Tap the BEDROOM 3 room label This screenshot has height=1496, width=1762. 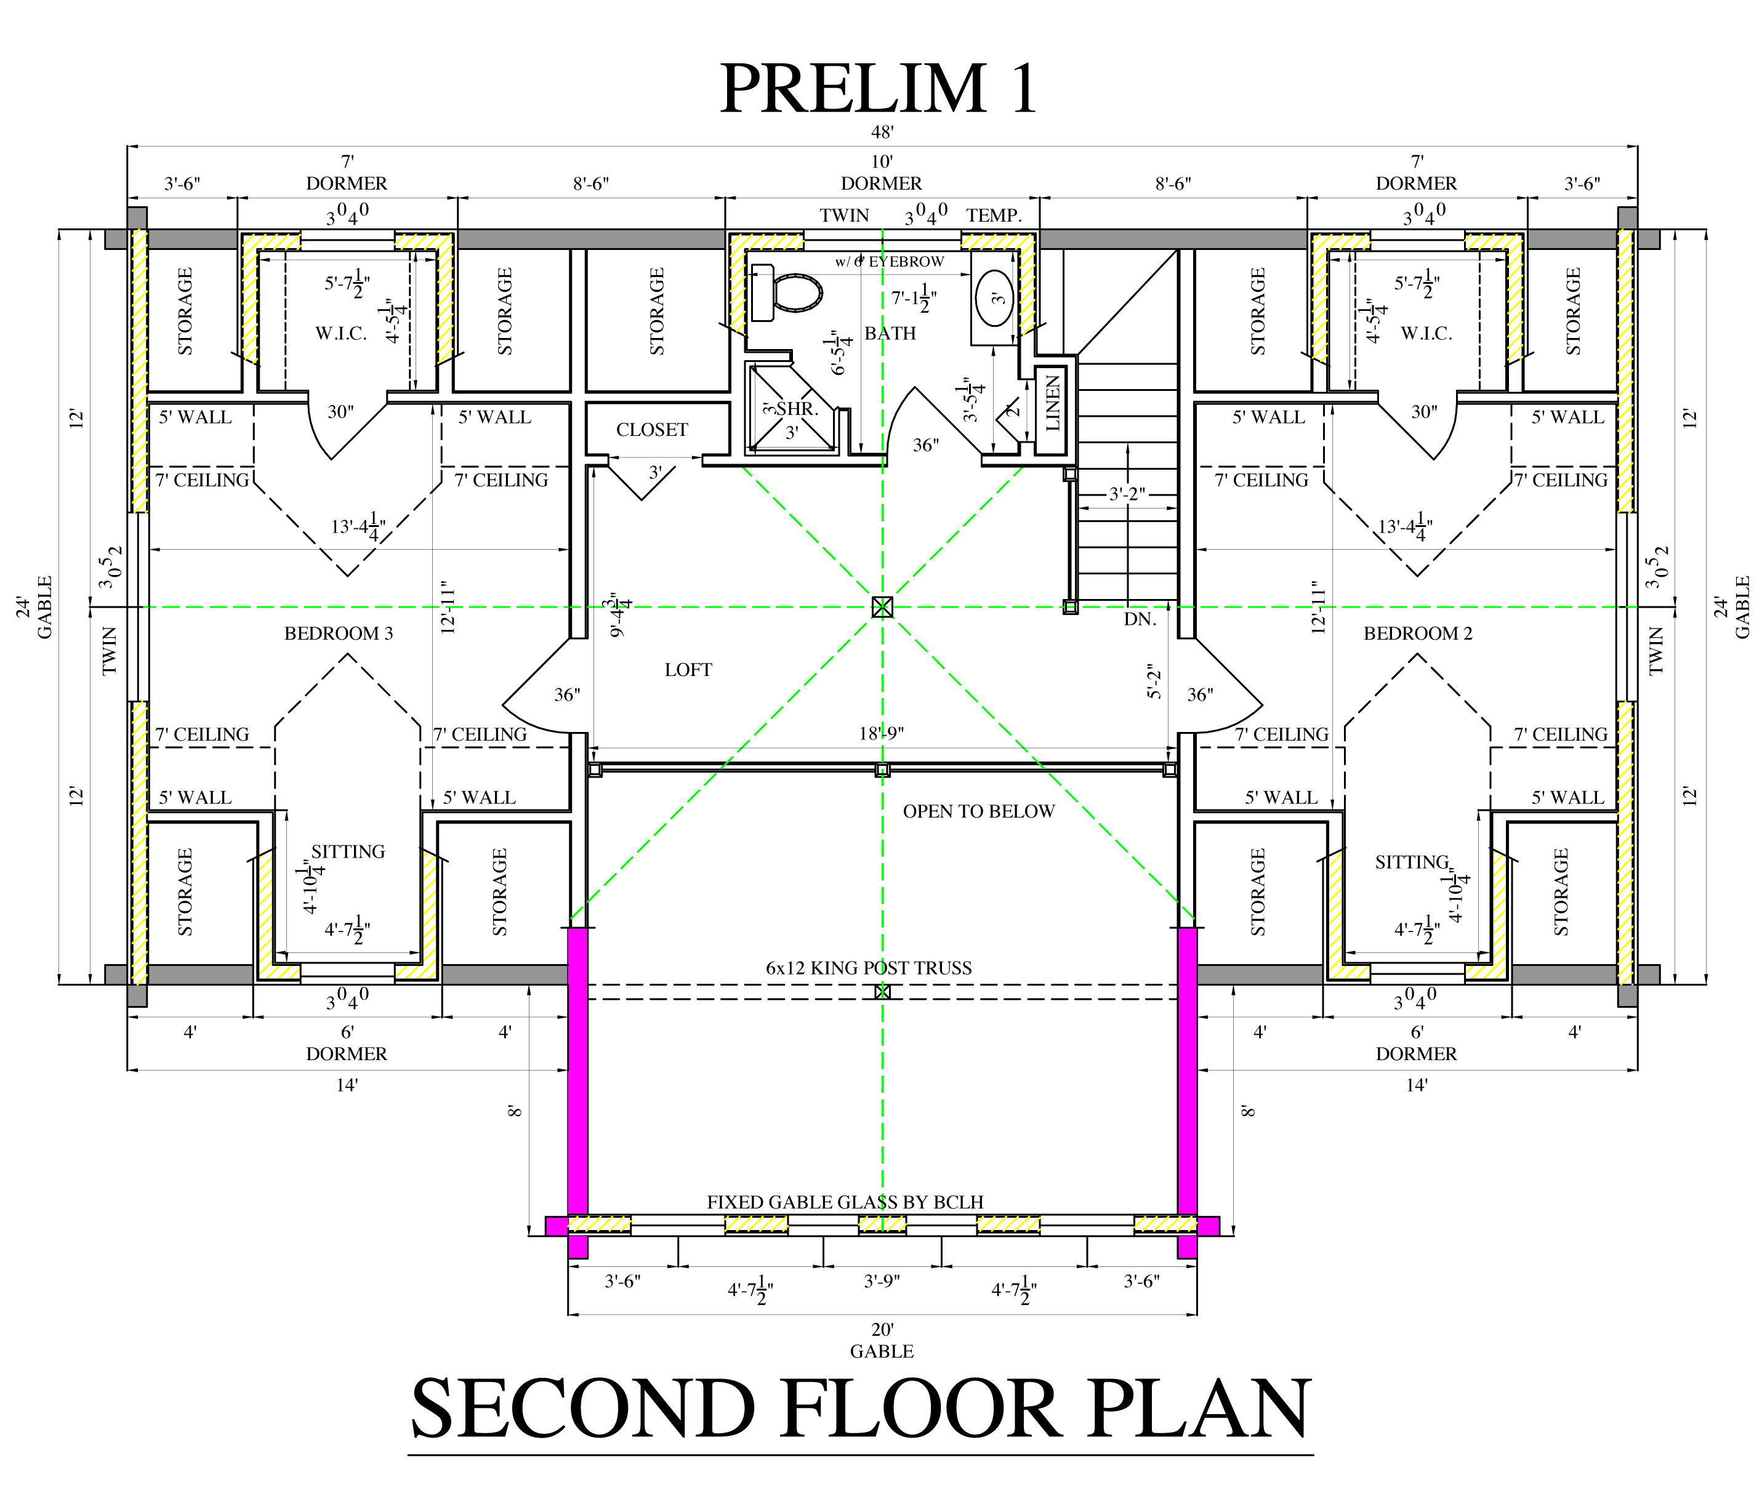[x=339, y=633]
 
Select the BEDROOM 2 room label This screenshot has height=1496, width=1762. [x=1418, y=633]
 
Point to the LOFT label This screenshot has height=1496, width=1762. [x=688, y=670]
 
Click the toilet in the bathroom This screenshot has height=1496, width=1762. [x=787, y=292]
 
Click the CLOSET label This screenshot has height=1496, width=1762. [x=651, y=430]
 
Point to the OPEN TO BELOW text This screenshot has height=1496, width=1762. [x=978, y=811]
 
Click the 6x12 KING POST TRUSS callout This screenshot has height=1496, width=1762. [x=868, y=968]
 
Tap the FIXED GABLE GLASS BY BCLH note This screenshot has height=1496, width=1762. [x=845, y=1202]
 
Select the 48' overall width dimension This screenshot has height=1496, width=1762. [x=882, y=132]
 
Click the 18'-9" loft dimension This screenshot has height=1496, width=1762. [x=881, y=734]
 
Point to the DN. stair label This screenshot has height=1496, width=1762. [x=1140, y=619]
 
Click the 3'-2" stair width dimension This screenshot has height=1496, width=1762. [x=1127, y=494]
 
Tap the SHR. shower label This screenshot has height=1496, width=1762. [x=797, y=409]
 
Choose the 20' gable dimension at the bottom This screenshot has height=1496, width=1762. [x=882, y=1330]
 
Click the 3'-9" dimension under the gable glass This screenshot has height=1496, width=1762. [x=882, y=1281]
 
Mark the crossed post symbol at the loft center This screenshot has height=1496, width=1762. [x=882, y=607]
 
